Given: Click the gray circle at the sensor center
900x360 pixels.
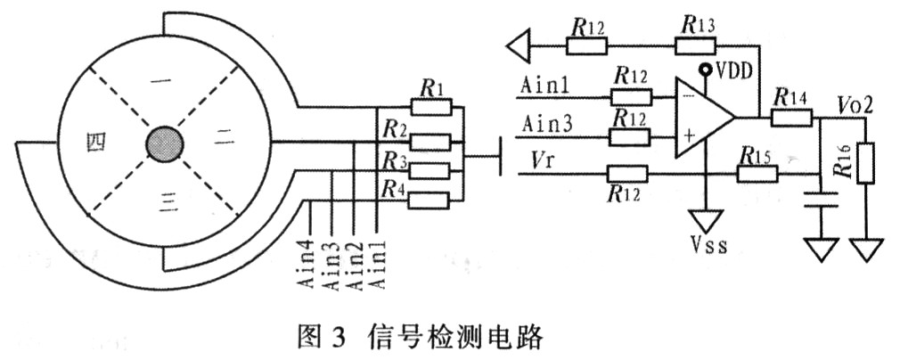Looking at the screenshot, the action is pos(165,143).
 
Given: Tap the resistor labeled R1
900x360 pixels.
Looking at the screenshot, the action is pos(431,107).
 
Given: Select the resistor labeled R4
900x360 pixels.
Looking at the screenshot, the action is pos(429,200).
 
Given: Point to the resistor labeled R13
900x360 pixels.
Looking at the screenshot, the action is pos(695,46).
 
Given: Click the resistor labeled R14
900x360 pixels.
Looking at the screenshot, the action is pos(791,118).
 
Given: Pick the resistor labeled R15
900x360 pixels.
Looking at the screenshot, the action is pos(757,174).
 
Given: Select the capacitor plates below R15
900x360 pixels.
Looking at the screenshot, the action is pos(822,200).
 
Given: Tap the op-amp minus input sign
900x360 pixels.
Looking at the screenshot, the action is pos(690,95).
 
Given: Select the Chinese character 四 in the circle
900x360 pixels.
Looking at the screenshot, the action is pos(96,142).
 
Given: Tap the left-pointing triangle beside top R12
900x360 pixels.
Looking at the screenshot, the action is pos(518,45).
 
